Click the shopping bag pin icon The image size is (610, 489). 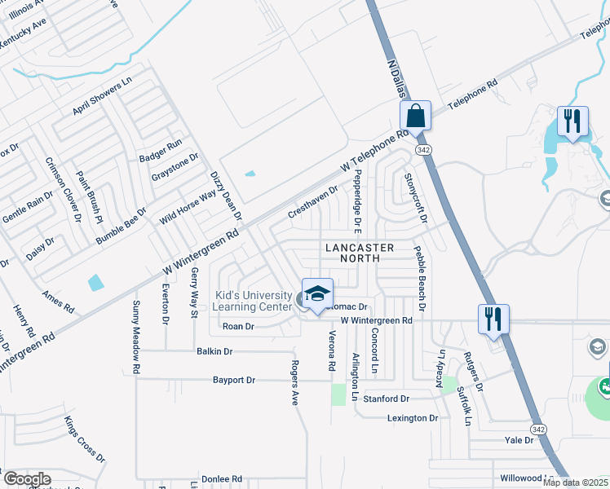tap(415, 117)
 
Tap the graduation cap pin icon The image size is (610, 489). tap(317, 293)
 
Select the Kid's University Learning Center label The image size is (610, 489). tap(253, 301)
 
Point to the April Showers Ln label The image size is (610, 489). tap(102, 96)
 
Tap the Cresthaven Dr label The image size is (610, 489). tap(312, 201)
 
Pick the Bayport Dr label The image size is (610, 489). tap(234, 380)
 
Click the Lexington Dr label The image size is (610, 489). tap(413, 418)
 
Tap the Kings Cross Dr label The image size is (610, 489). tap(85, 438)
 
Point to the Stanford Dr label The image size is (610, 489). tap(386, 399)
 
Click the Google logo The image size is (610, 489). tap(26, 479)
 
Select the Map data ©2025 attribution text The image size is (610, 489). tap(575, 482)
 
